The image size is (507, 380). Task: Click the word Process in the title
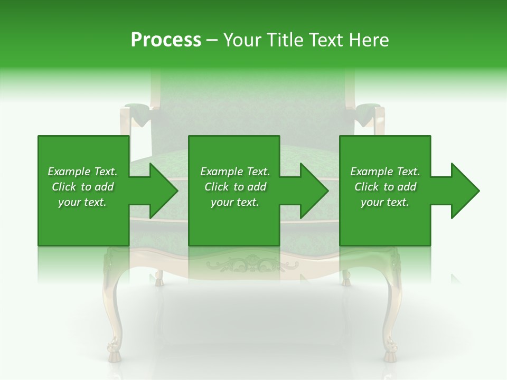click(166, 40)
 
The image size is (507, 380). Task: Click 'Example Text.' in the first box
click(82, 172)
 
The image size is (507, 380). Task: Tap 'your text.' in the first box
click(82, 202)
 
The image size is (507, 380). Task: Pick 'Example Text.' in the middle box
click(235, 172)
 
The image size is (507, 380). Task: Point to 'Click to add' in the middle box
click(235, 187)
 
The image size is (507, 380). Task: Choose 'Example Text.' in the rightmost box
click(385, 172)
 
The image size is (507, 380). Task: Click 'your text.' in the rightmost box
click(385, 202)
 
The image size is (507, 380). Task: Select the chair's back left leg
click(158, 278)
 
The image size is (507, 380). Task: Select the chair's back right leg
click(346, 278)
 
